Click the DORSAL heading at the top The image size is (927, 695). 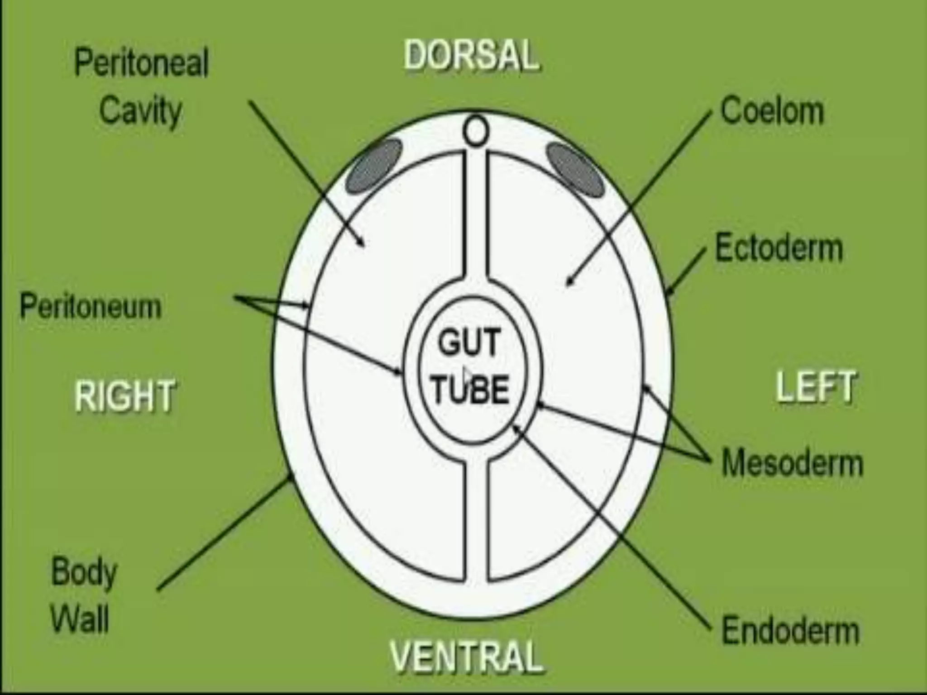coord(471,55)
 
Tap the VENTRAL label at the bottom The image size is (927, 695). coord(467,656)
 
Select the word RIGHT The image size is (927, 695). coord(124,395)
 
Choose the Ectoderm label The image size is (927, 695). coord(779,248)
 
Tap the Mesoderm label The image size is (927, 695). coord(792,462)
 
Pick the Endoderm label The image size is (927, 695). coord(790,630)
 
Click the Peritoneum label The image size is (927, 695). coord(91,306)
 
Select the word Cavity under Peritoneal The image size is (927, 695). coord(140,110)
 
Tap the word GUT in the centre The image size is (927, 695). coord(468,342)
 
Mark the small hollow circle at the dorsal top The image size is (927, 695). coord(475,130)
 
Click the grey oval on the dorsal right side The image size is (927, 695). coord(374,166)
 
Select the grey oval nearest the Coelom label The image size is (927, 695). coord(575,169)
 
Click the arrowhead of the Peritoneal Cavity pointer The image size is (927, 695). coord(362,244)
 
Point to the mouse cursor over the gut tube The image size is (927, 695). coord(467,375)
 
